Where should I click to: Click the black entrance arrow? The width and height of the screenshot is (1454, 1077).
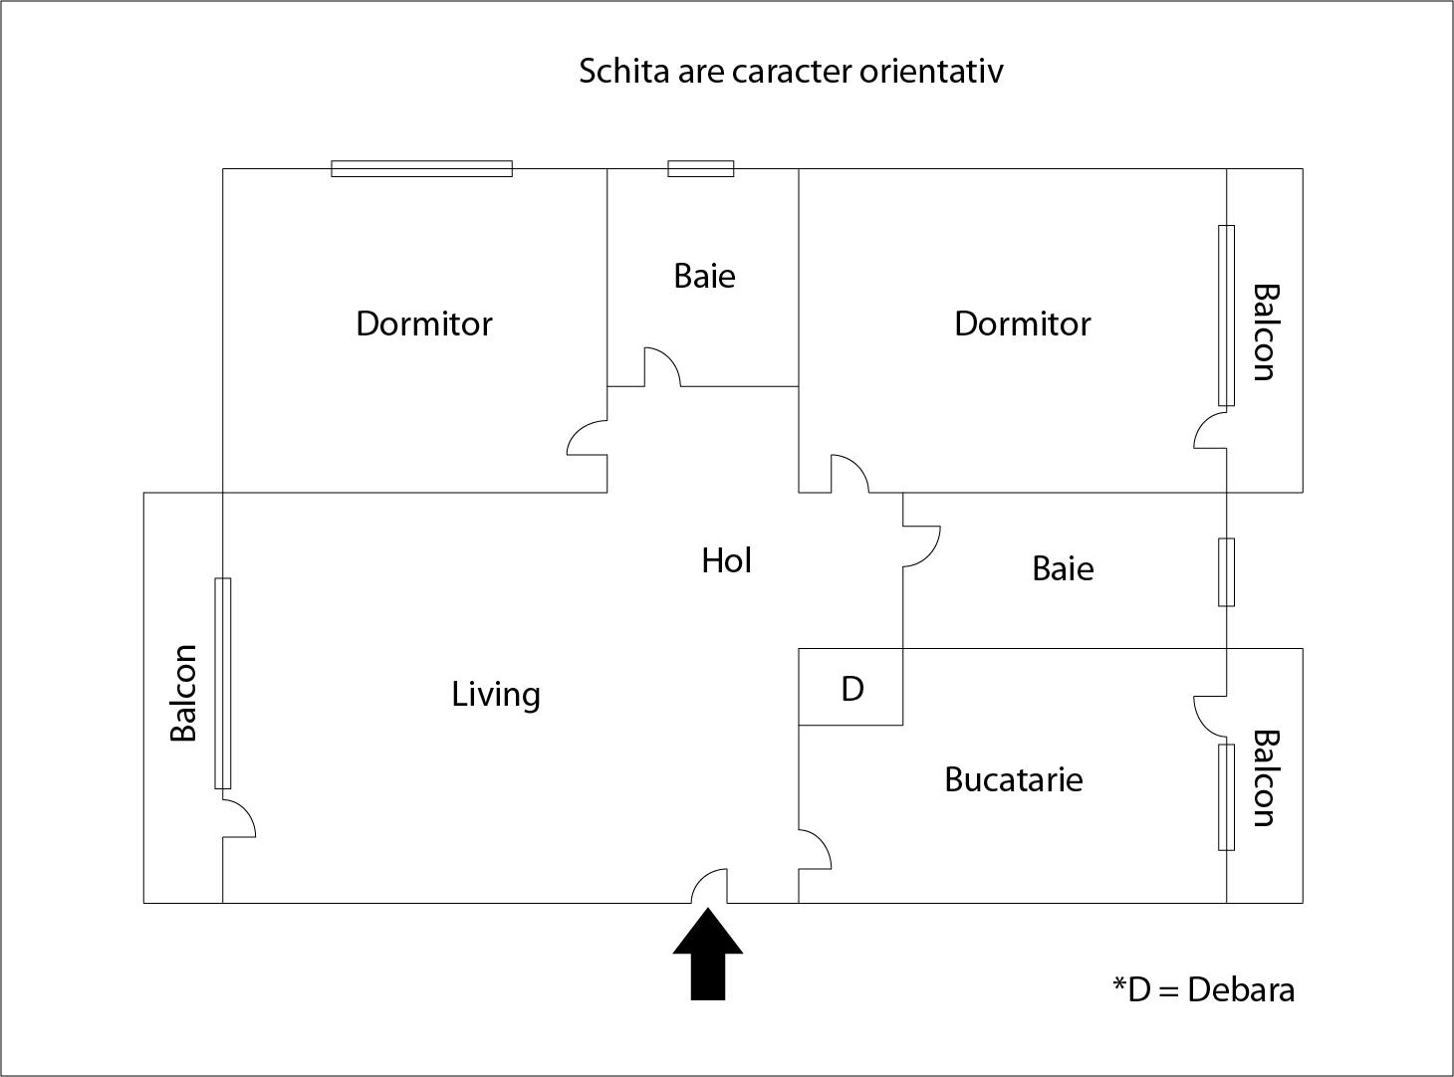coord(708,954)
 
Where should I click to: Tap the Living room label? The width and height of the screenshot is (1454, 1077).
coord(496,695)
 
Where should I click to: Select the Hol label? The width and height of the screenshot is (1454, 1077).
coord(726,560)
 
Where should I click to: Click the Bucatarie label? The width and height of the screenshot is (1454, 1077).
coord(1014,779)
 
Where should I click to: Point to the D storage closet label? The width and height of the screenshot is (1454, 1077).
coord(852,689)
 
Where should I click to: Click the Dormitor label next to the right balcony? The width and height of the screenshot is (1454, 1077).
coord(1022,323)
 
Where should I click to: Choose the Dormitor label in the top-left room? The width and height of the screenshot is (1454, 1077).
coord(424,323)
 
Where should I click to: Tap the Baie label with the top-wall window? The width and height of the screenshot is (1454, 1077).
coord(705,276)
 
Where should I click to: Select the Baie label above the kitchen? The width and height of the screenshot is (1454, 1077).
coord(1063,569)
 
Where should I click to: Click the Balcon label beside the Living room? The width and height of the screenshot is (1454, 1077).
coord(183,693)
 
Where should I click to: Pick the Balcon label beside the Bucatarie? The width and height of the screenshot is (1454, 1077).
coord(1266,778)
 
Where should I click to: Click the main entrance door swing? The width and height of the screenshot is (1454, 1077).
coord(709,886)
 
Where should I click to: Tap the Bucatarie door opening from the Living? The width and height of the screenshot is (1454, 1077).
coord(815,849)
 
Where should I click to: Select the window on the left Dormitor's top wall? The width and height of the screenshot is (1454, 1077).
coord(421,168)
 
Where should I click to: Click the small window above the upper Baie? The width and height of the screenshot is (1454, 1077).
coord(701,168)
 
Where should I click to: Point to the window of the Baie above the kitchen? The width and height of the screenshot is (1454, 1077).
coord(1227,572)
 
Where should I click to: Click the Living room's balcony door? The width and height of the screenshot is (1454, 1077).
coord(239,819)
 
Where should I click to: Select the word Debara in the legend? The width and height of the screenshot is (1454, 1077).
coord(1241,989)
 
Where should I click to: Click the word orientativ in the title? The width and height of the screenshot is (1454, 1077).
coord(931,72)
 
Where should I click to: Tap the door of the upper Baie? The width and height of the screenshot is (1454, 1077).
coord(662,367)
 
